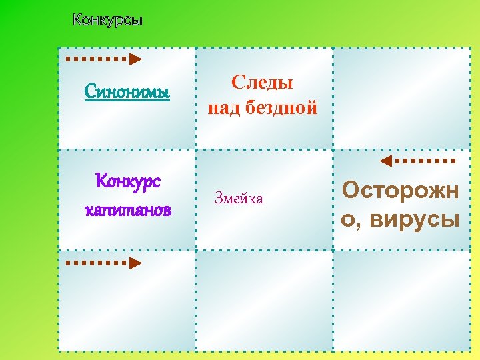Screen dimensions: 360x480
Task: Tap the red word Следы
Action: click(x=263, y=83)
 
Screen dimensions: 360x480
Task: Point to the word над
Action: click(x=225, y=108)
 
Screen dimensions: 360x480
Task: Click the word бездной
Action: click(x=282, y=108)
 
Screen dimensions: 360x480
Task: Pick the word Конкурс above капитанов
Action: click(x=127, y=181)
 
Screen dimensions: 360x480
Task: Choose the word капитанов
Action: click(x=127, y=210)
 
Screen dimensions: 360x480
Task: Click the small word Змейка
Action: click(x=239, y=198)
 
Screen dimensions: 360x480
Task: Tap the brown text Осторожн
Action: click(x=400, y=191)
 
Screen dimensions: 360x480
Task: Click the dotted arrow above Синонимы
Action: click(x=104, y=59)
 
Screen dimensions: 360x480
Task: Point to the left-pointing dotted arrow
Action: click(x=417, y=161)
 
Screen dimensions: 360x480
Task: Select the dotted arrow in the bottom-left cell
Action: click(x=104, y=263)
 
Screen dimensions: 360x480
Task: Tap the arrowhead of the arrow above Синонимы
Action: click(x=135, y=59)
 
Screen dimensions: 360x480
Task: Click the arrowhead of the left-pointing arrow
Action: click(x=385, y=161)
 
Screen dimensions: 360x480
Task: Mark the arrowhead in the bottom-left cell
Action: click(x=135, y=263)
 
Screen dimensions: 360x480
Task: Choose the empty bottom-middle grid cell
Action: click(x=264, y=300)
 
